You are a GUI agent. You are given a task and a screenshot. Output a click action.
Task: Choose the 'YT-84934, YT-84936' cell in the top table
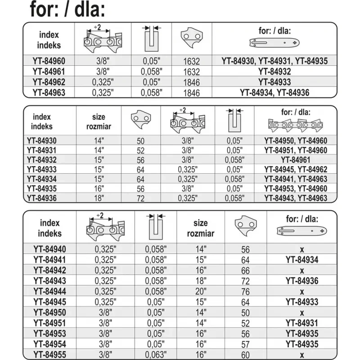274,93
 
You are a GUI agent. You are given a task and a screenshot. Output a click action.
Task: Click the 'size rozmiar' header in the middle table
99,121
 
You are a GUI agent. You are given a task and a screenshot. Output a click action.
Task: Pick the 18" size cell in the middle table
99,198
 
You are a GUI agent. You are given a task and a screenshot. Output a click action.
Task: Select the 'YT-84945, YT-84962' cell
296,170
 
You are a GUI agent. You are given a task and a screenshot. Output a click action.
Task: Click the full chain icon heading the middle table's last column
296,125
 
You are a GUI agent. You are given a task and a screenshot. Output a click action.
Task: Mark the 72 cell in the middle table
140,198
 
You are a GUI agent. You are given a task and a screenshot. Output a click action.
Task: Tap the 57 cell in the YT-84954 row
245,343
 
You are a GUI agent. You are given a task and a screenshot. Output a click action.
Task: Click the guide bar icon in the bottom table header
301,230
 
